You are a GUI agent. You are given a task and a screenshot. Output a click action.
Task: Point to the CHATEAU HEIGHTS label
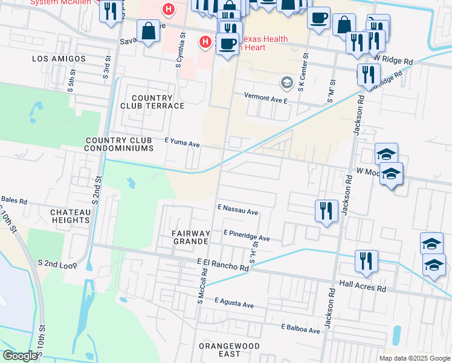(70, 216)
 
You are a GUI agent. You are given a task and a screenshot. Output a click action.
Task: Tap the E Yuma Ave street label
(182, 145)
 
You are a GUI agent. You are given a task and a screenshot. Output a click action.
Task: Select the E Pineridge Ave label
(246, 235)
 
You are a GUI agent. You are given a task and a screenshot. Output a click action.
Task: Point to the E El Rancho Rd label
(223, 264)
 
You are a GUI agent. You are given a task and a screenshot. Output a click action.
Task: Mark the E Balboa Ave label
(300, 330)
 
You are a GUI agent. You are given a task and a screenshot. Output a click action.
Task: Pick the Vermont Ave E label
(265, 96)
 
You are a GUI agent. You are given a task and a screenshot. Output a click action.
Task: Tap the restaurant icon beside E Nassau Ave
(326, 211)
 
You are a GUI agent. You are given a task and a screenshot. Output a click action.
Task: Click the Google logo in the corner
(21, 356)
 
